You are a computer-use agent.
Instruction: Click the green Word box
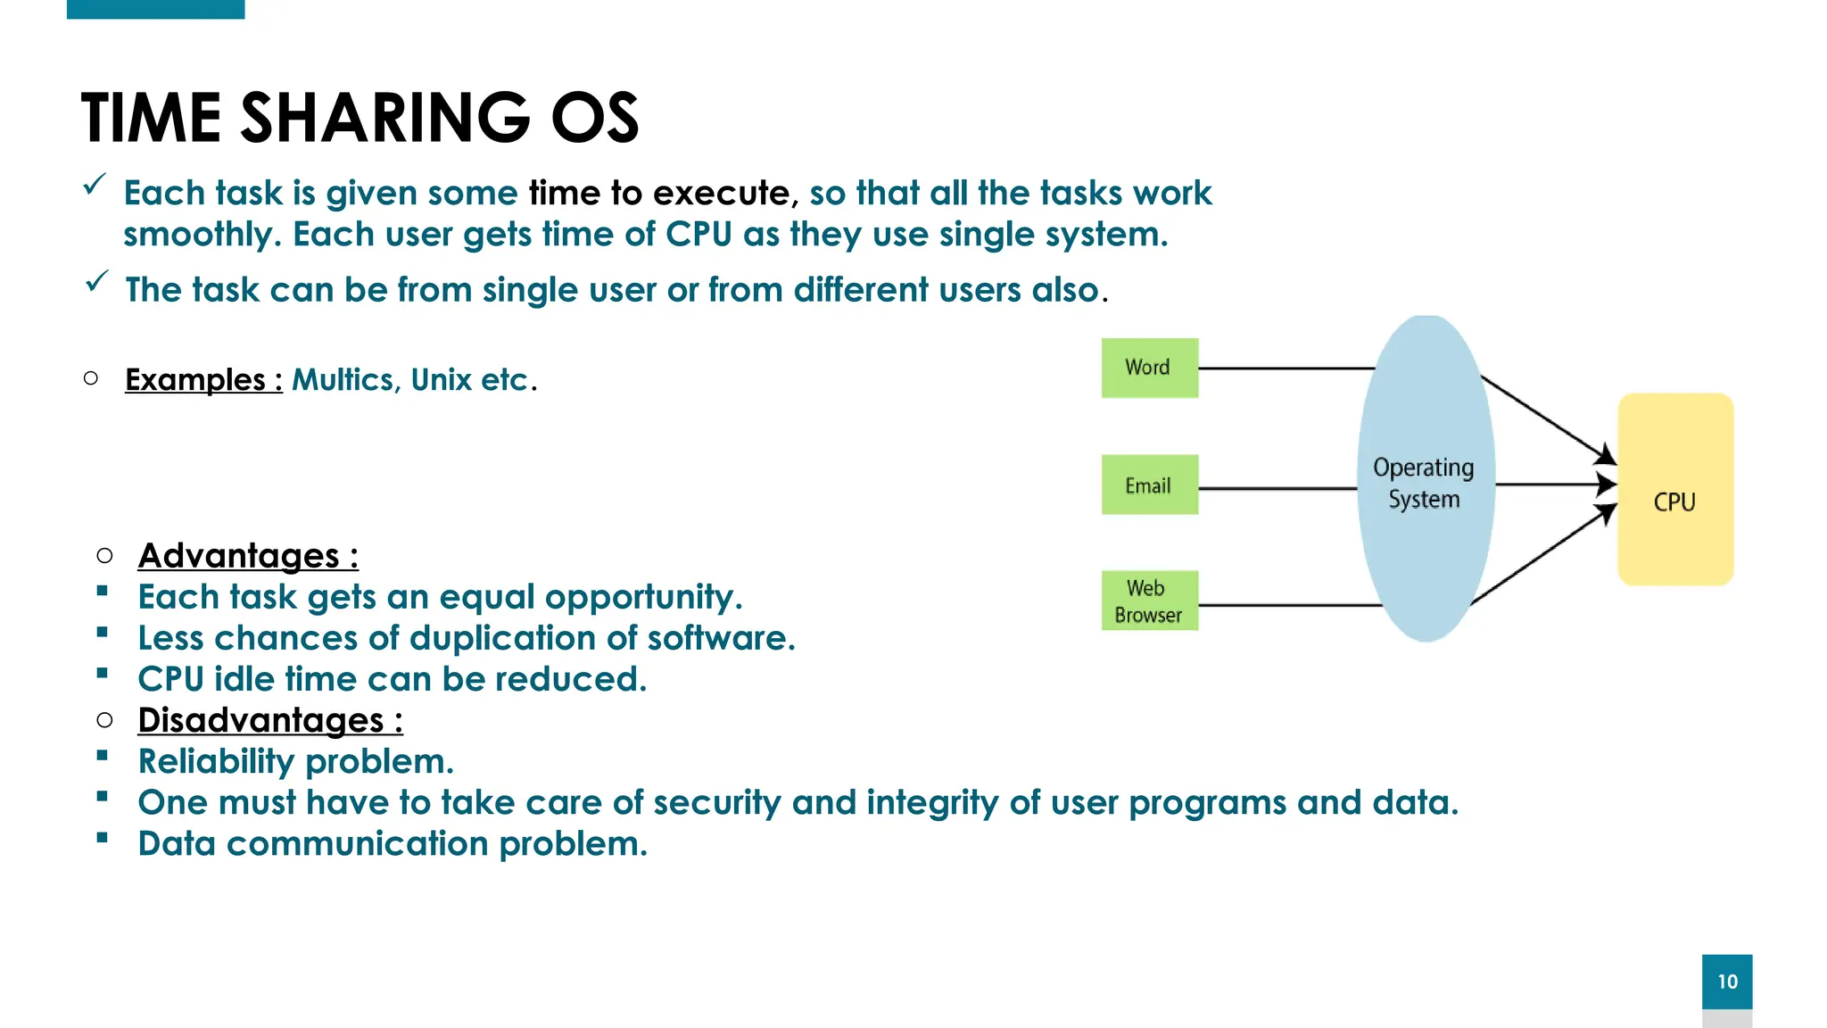[x=1149, y=368]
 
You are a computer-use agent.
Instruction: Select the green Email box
[x=1149, y=485]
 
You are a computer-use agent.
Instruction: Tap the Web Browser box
[x=1149, y=601]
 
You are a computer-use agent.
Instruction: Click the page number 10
[x=1726, y=982]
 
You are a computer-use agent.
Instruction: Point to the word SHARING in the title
[x=385, y=118]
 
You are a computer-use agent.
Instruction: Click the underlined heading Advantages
[x=239, y=556]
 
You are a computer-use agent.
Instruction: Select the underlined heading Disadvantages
[x=260, y=720]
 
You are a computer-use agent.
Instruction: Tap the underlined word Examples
[x=195, y=380]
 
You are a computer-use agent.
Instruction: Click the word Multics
[x=343, y=380]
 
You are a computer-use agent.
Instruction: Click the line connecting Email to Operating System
[x=1276, y=488]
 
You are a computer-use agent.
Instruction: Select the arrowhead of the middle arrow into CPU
[x=1608, y=485]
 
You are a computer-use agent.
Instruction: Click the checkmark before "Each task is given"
[x=95, y=185]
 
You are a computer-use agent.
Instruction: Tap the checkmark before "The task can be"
[x=96, y=282]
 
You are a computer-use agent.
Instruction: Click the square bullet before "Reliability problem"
[x=103, y=756]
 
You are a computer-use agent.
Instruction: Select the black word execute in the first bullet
[x=721, y=193]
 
